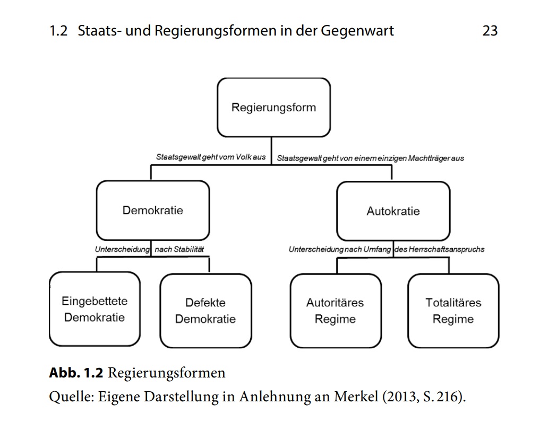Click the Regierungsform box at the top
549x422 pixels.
pyautogui.click(x=273, y=108)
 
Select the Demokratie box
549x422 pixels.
pyautogui.click(x=152, y=210)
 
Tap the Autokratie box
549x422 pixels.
pyautogui.click(x=393, y=211)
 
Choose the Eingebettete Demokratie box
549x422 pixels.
pyautogui.click(x=95, y=309)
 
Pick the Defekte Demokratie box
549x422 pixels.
pyautogui.click(x=205, y=311)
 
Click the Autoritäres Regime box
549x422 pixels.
pyautogui.click(x=335, y=311)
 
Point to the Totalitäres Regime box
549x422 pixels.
pyautogui.click(x=453, y=311)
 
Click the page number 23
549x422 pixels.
pyautogui.click(x=490, y=31)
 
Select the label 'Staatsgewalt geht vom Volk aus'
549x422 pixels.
pyautogui.click(x=211, y=157)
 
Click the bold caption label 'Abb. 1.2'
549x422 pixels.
pyautogui.click(x=76, y=373)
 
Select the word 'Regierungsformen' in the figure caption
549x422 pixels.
pyautogui.click(x=167, y=373)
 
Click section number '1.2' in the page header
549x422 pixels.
pyautogui.click(x=58, y=31)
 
